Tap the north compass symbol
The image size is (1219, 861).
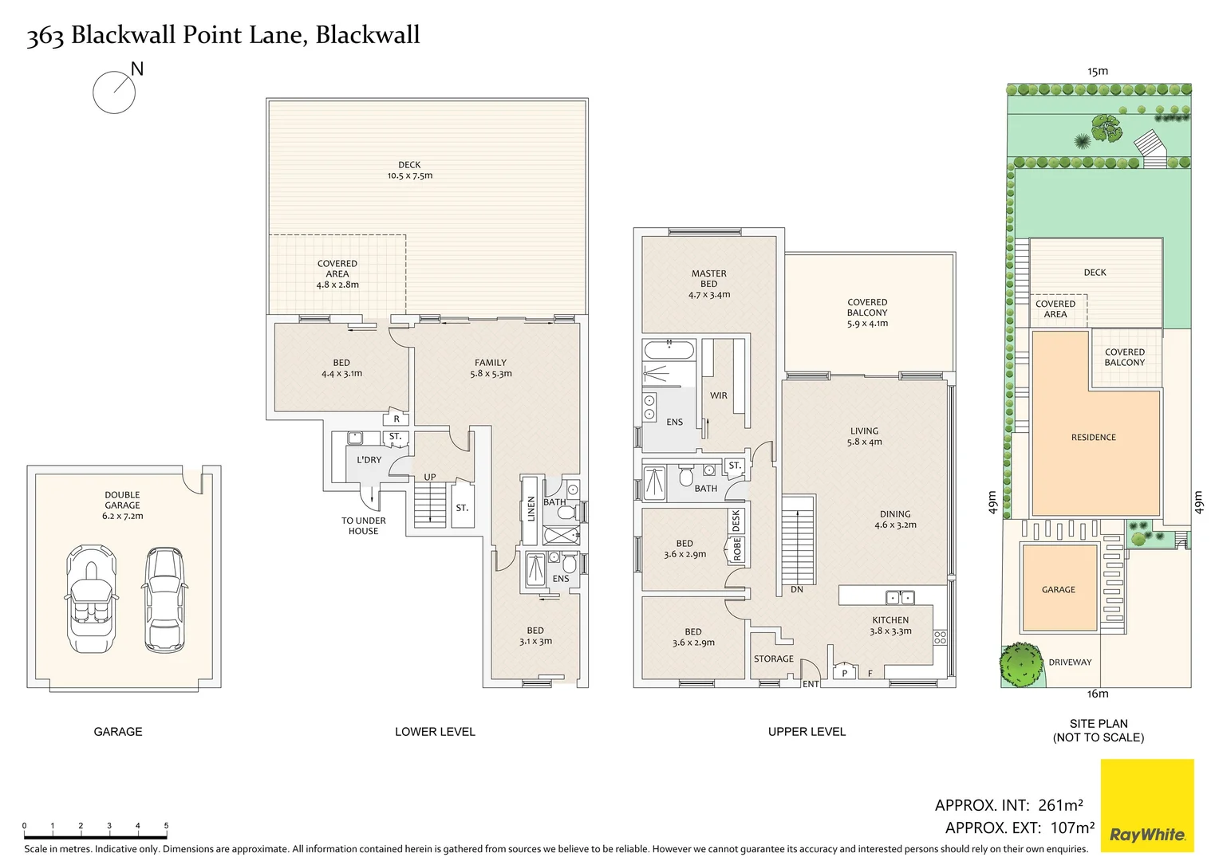click(114, 92)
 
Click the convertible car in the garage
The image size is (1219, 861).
click(91, 599)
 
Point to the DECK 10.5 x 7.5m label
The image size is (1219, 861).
click(409, 171)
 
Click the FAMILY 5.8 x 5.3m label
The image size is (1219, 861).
click(491, 368)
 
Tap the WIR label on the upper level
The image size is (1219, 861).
click(718, 395)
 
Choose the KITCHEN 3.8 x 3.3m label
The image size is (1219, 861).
click(890, 626)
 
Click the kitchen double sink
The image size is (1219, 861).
click(900, 597)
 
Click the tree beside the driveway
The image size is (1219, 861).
click(1022, 664)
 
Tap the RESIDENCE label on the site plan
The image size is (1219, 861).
click(1093, 438)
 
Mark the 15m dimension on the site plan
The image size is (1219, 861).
click(1098, 71)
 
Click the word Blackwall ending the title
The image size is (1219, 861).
click(368, 35)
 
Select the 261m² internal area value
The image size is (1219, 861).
click(1060, 805)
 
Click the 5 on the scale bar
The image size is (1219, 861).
click(166, 826)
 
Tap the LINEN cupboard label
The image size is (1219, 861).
click(531, 509)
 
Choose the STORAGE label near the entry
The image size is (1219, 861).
click(773, 659)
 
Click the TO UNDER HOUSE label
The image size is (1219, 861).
click(363, 526)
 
